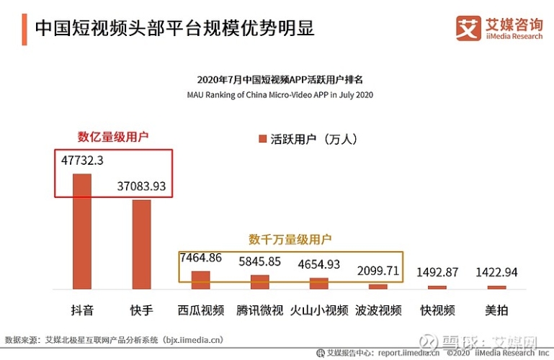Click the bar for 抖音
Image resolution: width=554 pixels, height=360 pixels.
82,231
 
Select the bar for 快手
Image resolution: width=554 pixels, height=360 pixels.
141,244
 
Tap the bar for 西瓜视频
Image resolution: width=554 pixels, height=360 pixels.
200,280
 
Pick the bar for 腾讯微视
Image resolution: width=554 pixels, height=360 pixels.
259,282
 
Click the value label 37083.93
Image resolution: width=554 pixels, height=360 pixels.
141,186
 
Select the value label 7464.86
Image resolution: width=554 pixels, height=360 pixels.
201,258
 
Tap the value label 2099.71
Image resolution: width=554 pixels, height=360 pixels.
378,271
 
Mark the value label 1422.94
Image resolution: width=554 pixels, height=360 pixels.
496,272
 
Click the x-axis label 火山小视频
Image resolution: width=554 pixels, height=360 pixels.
318,311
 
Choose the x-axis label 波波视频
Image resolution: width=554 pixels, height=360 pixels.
378,311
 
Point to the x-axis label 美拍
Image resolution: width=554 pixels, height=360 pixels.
496,311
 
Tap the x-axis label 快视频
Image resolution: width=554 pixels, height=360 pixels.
437,311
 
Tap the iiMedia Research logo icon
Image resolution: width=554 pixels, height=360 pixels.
468,28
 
